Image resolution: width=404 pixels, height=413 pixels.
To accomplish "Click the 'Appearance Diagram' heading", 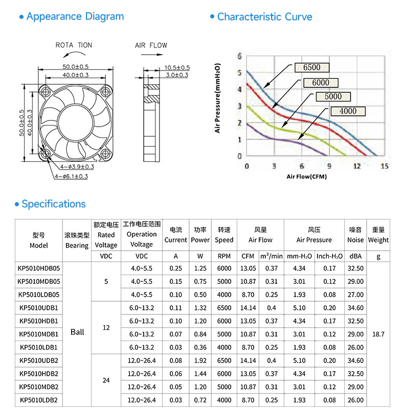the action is [75, 16].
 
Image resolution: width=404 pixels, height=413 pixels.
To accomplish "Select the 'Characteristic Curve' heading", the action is [264, 17].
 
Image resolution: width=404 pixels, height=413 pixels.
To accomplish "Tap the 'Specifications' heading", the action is [54, 204].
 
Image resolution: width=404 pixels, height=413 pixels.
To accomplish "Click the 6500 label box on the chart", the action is [311, 67].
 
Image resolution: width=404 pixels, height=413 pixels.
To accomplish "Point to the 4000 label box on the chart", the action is [348, 111].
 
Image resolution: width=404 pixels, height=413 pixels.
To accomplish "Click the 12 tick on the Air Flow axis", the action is [357, 166].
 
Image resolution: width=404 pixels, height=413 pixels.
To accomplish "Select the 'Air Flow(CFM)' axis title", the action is [307, 177].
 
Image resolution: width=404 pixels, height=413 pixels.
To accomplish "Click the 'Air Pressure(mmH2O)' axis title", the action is [217, 98].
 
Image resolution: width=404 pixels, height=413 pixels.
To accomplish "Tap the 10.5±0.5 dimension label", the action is [177, 68].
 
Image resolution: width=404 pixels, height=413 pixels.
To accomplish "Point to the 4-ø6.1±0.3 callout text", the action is [71, 177].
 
